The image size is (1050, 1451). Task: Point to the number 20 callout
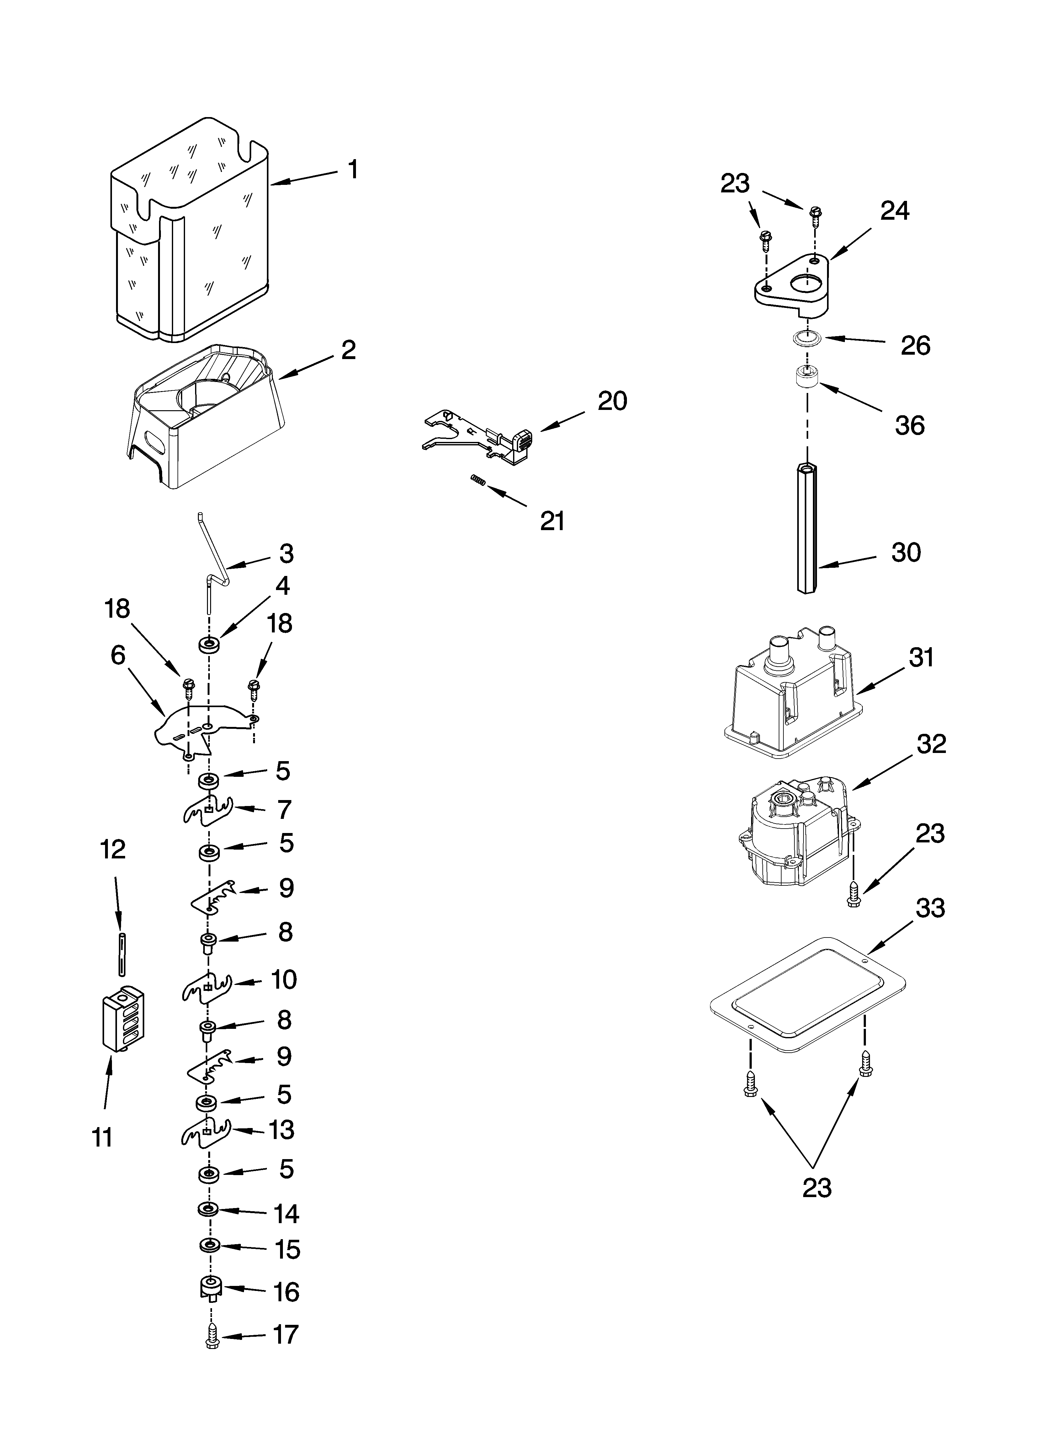pyautogui.click(x=612, y=401)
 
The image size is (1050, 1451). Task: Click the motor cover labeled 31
pyautogui.click(x=793, y=701)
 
